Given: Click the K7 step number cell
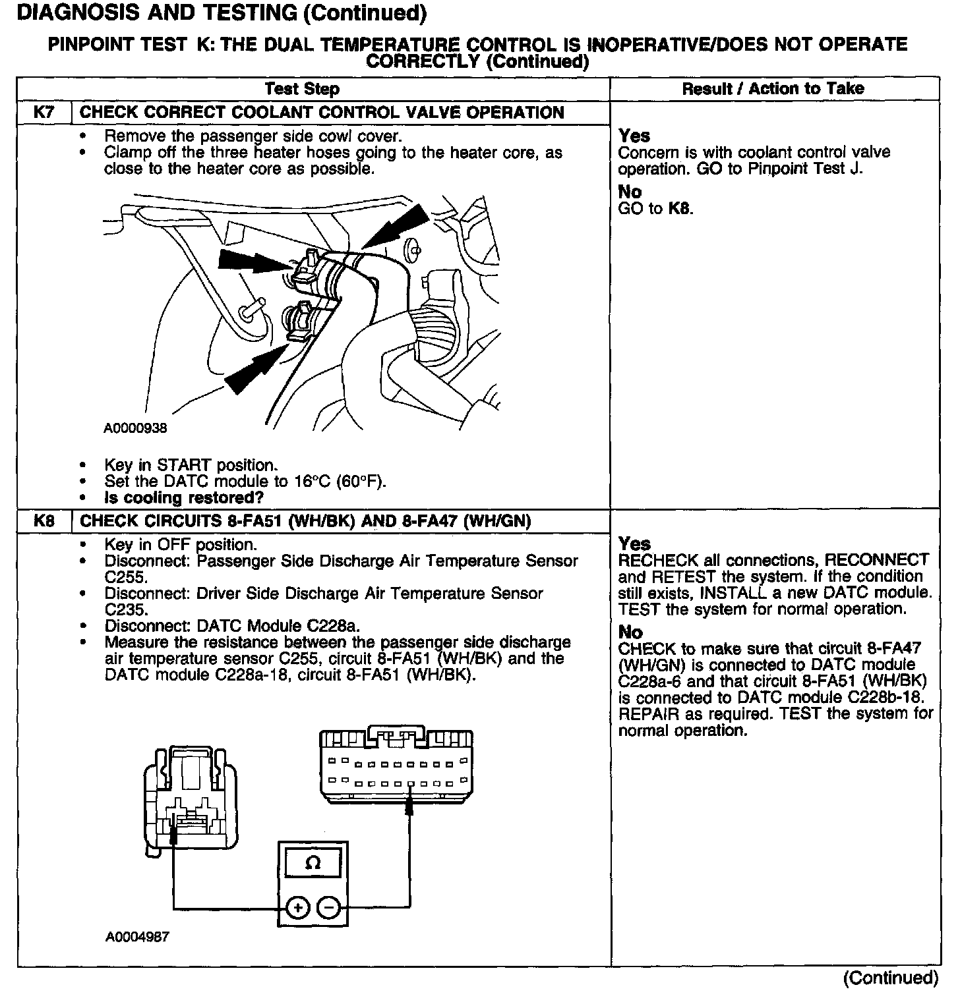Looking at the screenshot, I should pos(44,113).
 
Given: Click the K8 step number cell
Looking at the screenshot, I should pos(44,521).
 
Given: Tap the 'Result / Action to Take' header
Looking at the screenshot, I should pos(773,89).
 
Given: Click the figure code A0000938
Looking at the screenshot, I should pos(135,428).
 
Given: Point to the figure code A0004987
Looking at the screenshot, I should pos(136,936).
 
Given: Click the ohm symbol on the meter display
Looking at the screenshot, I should pos(313,863).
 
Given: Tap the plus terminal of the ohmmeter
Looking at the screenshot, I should pos(298,908).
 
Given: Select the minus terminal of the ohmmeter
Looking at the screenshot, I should pos(329,908).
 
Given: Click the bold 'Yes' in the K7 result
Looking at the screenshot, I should pos(634,136).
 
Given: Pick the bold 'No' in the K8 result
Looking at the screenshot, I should pos(630,632).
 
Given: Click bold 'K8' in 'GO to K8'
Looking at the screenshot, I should pos(680,209).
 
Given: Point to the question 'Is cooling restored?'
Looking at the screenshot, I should pos(184,497).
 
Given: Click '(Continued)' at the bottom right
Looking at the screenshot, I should pos(890,978).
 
